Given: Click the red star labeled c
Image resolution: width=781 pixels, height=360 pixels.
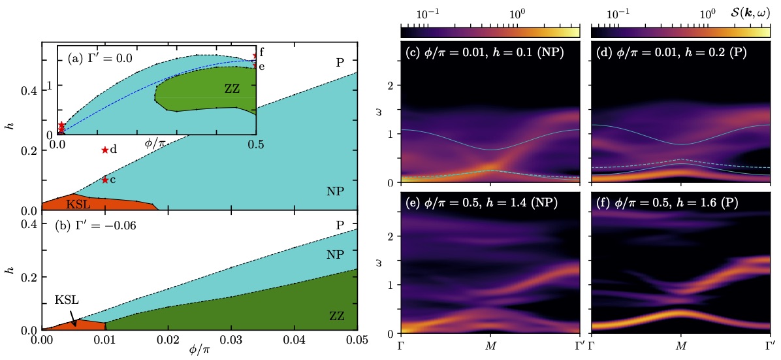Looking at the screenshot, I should [x=104, y=180].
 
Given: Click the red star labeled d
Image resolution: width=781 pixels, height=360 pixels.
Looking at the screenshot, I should [x=104, y=150].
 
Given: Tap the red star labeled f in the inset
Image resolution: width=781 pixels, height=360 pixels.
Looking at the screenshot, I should [x=255, y=56].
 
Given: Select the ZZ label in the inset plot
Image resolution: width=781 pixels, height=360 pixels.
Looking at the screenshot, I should [x=232, y=88].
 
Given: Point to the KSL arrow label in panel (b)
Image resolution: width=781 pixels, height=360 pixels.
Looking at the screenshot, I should [x=65, y=300].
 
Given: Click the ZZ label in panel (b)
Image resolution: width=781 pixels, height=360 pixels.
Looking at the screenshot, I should [x=337, y=316].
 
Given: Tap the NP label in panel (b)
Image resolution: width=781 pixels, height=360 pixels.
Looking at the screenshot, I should [x=335, y=255].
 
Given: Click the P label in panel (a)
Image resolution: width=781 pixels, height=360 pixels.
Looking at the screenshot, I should [x=340, y=63].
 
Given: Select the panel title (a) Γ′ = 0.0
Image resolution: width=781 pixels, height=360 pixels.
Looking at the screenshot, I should [x=100, y=58].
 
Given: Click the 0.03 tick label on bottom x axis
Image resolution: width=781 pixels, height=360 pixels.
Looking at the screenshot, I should [x=231, y=340].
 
